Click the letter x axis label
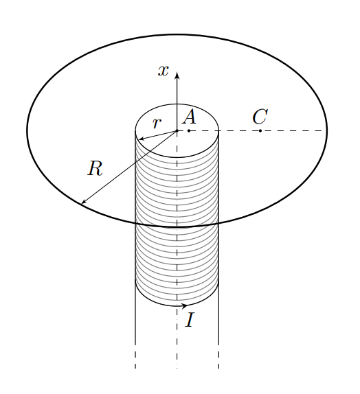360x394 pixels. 164,71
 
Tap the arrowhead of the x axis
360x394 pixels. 177,75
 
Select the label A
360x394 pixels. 190,117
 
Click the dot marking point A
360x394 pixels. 189,130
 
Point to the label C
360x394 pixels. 260,117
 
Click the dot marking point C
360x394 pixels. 260,130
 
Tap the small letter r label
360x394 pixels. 157,124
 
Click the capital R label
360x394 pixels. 95,169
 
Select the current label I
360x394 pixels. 190,320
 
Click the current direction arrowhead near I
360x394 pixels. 184,306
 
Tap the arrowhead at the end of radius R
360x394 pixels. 84,202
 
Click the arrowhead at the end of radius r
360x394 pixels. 142,139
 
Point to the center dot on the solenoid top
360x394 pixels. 177,130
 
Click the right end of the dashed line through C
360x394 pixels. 322,130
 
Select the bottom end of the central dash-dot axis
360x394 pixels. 177,368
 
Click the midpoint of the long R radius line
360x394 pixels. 129,167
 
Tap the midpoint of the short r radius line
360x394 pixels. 158,135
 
